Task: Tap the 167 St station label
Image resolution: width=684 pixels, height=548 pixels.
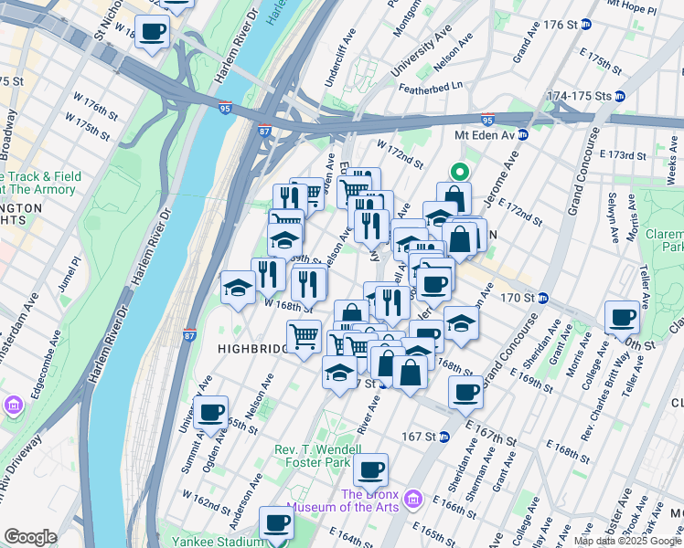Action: pyautogui.click(x=421, y=437)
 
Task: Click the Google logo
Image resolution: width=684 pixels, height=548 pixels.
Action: pyautogui.click(x=30, y=537)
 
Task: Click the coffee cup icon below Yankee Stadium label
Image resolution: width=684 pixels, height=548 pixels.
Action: pyautogui.click(x=277, y=524)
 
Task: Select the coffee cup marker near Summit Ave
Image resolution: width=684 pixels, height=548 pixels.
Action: pyautogui.click(x=211, y=413)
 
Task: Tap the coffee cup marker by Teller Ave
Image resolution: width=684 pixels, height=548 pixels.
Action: pyautogui.click(x=622, y=317)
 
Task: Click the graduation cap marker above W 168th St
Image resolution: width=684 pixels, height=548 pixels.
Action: pyautogui.click(x=239, y=288)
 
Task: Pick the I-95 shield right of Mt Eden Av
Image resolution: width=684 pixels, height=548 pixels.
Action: pyautogui.click(x=487, y=120)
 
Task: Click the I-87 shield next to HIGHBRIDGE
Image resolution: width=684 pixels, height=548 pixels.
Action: pyautogui.click(x=189, y=335)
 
